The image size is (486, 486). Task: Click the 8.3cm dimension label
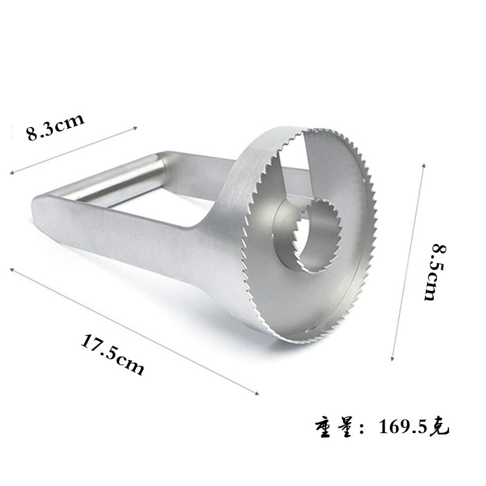click(x=55, y=127)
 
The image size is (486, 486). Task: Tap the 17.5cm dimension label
click(x=112, y=354)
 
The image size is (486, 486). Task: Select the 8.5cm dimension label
click(x=434, y=272)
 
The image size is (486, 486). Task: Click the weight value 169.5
click(x=403, y=428)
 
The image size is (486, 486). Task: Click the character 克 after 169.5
click(x=438, y=428)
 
